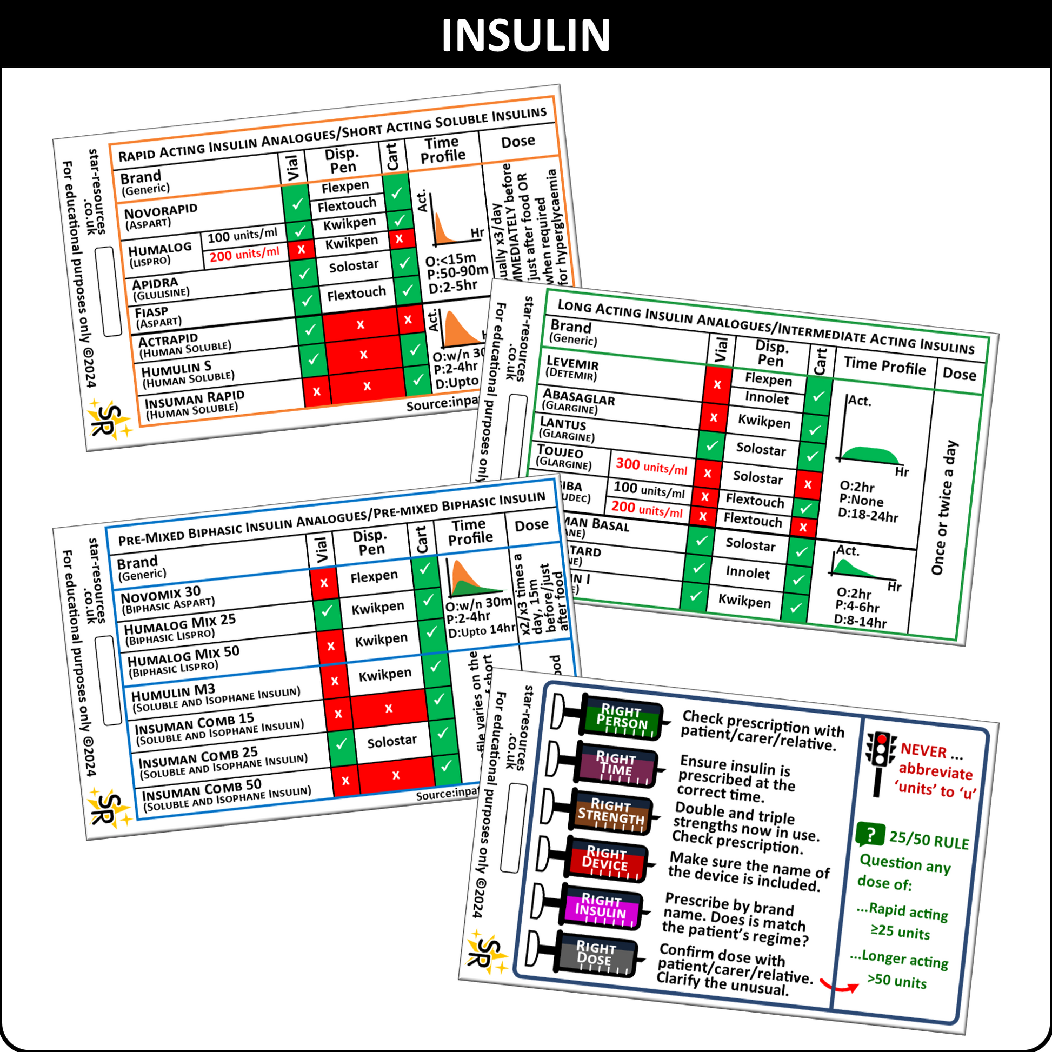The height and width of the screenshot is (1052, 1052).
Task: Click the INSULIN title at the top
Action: click(x=525, y=35)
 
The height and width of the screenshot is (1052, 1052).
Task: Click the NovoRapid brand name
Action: click(x=161, y=211)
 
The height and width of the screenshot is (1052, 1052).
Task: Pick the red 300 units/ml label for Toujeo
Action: click(x=651, y=465)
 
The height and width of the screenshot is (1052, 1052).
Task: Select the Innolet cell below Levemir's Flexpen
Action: click(x=767, y=398)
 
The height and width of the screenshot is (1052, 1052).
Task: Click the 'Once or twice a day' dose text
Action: click(x=944, y=508)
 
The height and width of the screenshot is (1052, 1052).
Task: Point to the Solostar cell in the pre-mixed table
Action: click(x=391, y=741)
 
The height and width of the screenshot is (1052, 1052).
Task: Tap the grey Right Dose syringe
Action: click(x=596, y=955)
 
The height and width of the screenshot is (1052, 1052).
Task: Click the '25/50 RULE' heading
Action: click(x=929, y=841)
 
